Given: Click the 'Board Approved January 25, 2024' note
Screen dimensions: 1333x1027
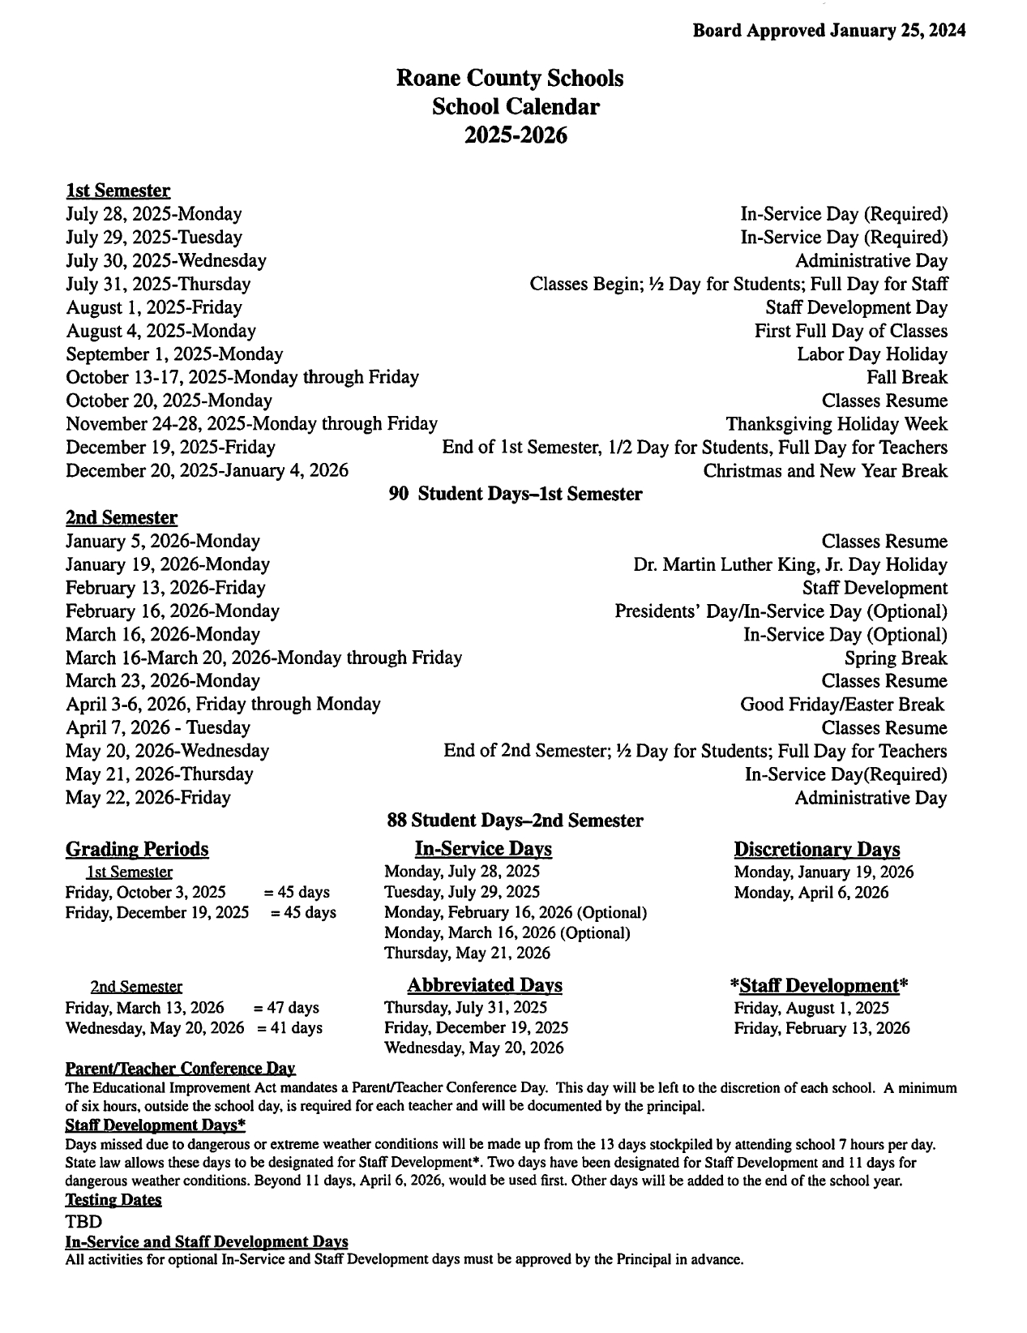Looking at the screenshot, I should point(828,31).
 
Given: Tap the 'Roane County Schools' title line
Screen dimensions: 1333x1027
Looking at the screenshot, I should point(510,78).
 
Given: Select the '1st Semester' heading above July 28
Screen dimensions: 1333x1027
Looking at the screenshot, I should point(118,191).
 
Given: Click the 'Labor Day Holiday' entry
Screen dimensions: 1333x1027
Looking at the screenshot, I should point(871,354).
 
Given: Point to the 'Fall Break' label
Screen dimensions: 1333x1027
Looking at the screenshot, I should point(906,377).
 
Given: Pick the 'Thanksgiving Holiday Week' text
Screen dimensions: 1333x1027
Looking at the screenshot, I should point(836,424).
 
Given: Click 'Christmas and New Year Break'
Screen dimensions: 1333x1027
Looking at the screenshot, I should point(824,471).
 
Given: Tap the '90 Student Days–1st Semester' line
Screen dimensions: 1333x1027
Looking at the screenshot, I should point(516,494).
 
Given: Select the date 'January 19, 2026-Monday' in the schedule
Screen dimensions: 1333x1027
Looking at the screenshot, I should point(168,564).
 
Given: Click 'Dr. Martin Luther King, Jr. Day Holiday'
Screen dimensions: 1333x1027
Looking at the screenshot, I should point(790,564).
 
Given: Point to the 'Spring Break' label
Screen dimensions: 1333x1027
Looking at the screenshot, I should point(895,658).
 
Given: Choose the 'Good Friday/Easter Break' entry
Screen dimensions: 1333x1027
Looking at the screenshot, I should point(842,705).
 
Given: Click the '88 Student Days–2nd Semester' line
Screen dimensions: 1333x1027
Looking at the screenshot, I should point(515,821).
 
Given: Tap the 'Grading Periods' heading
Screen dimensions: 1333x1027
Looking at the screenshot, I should point(136,849).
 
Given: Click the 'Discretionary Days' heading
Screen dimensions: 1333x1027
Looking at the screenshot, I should point(816,849).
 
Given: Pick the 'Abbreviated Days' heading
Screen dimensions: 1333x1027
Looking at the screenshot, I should point(484,985).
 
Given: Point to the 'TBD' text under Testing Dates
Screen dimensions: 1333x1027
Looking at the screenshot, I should point(83,1221).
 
